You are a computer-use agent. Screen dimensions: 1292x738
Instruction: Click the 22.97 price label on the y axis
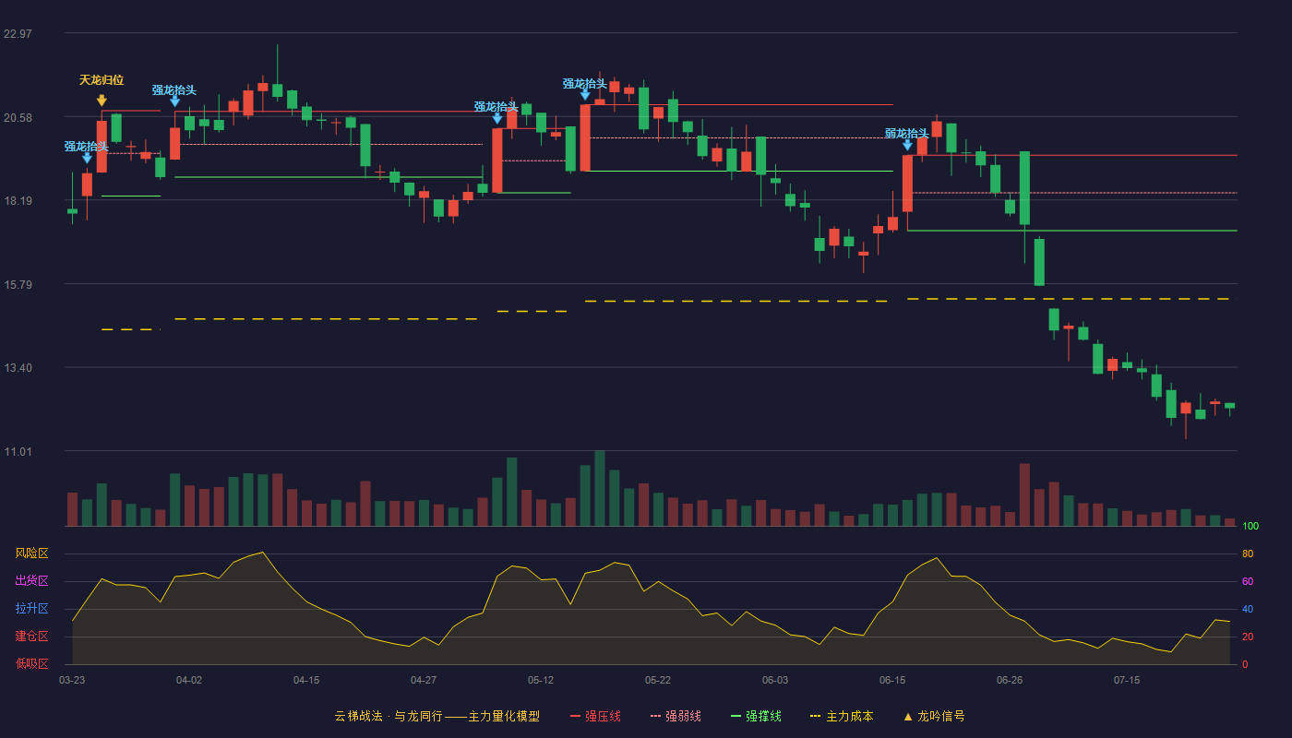pyautogui.click(x=18, y=34)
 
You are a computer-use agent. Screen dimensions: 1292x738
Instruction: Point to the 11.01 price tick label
pyautogui.click(x=18, y=451)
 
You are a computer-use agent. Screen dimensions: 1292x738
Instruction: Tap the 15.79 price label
pyautogui.click(x=18, y=285)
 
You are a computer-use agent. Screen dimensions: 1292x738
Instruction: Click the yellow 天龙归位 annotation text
pyautogui.click(x=102, y=80)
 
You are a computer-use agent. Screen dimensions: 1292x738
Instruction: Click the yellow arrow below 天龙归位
pyautogui.click(x=102, y=101)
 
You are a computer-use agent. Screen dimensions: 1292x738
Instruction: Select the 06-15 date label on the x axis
pyautogui.click(x=892, y=681)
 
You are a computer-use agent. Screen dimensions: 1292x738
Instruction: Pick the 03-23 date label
pyautogui.click(x=72, y=681)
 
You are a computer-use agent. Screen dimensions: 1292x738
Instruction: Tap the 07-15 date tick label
pyautogui.click(x=1127, y=681)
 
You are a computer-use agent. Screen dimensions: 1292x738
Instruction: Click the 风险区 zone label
pyautogui.click(x=31, y=553)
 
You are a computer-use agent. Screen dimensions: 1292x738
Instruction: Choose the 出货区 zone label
pyautogui.click(x=31, y=580)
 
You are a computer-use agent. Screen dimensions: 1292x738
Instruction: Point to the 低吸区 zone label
pyautogui.click(x=31, y=663)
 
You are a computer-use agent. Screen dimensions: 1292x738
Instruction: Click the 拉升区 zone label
pyautogui.click(x=31, y=608)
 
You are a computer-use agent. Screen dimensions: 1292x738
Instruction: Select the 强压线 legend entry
pyautogui.click(x=596, y=716)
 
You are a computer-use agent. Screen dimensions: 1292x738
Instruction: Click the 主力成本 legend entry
pyautogui.click(x=842, y=716)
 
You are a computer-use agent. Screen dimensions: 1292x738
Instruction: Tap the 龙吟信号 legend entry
pyautogui.click(x=934, y=716)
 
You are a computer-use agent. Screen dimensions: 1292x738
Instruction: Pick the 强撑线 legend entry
pyautogui.click(x=756, y=716)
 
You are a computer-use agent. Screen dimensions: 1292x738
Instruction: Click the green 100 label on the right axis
pyautogui.click(x=1250, y=526)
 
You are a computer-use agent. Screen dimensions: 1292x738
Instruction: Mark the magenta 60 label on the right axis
pyautogui.click(x=1248, y=581)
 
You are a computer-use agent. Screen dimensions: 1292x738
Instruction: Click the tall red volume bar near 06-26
pyautogui.click(x=1024, y=494)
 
